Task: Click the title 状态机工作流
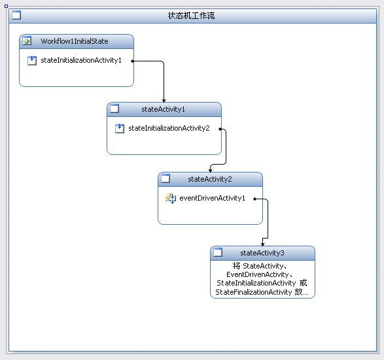[191, 16]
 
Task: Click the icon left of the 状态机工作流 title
[16, 15]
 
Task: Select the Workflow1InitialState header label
[75, 41]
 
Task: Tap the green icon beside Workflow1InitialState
[27, 41]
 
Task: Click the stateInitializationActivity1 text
[81, 60]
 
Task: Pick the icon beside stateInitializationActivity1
[32, 60]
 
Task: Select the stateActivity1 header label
[163, 109]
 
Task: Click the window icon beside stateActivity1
[114, 108]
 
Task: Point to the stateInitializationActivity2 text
[169, 129]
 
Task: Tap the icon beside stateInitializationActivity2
[120, 129]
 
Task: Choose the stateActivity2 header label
[210, 179]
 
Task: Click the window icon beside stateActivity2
[166, 178]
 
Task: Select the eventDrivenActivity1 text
[212, 198]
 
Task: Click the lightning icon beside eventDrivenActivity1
[171, 199]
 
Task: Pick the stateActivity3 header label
[262, 253]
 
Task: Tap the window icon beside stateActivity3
[218, 252]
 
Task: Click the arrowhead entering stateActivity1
[164, 101]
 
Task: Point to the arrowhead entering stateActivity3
[262, 244]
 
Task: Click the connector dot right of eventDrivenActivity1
[254, 199]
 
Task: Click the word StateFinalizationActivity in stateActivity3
[253, 292]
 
